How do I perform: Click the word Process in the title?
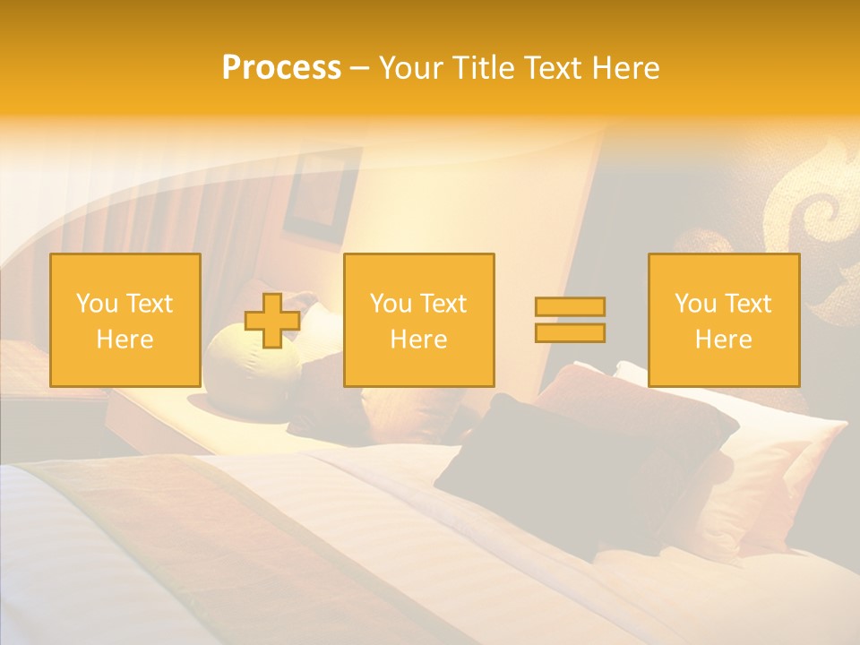tap(281, 68)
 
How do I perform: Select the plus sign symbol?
tap(272, 321)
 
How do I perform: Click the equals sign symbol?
tap(570, 320)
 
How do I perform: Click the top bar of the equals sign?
tap(570, 307)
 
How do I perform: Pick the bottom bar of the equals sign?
tap(570, 332)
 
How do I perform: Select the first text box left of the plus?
tap(125, 320)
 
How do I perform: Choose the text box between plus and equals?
tap(418, 320)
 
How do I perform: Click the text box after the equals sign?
tap(723, 320)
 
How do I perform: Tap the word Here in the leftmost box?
tap(125, 340)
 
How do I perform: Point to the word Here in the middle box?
tap(418, 340)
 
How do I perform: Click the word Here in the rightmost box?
tap(723, 340)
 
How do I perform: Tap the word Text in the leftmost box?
tap(150, 304)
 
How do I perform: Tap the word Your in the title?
tap(408, 68)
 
